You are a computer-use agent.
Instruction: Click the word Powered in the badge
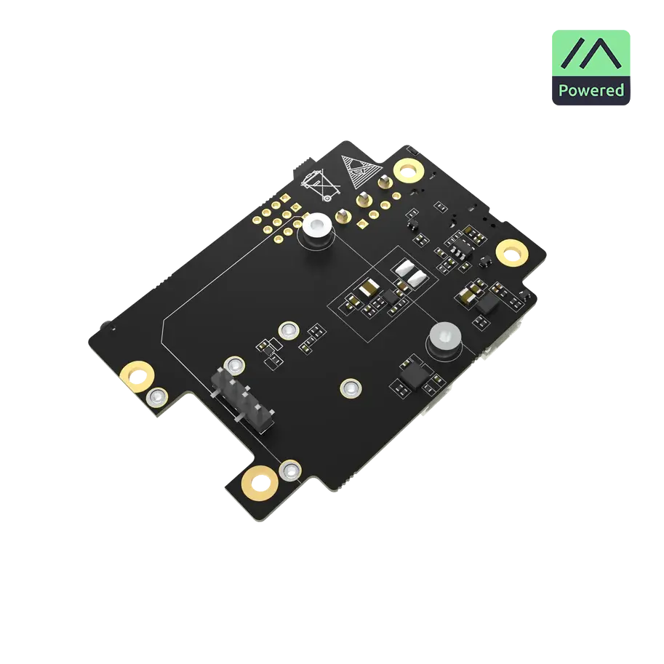(x=591, y=91)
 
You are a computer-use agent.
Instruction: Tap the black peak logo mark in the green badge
(x=591, y=53)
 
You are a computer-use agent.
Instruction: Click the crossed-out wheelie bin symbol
(x=320, y=185)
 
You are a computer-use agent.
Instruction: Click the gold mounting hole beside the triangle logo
(x=408, y=170)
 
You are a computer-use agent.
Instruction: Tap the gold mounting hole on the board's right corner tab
(x=512, y=253)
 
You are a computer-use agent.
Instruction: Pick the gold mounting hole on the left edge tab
(x=136, y=375)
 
